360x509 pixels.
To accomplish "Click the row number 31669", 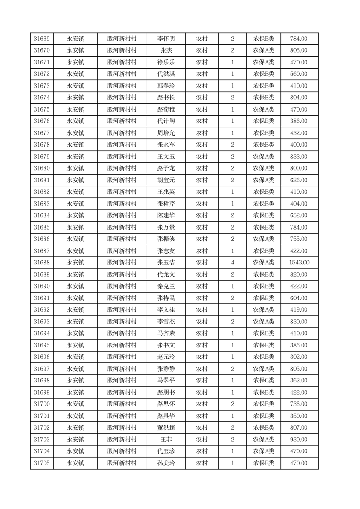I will [x=42, y=39].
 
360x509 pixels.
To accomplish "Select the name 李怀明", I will [x=165, y=39].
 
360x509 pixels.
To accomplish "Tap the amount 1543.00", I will [x=299, y=263].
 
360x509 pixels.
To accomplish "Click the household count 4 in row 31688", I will [x=232, y=263].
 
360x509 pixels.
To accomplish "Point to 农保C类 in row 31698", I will [x=263, y=381].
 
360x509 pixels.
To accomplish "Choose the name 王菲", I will [x=165, y=440].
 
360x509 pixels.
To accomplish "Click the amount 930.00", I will [x=299, y=440].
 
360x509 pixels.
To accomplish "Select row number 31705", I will [x=42, y=463].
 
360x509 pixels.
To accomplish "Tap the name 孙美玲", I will [x=165, y=463].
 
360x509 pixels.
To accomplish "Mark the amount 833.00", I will [x=299, y=157].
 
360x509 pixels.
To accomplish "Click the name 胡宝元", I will [x=165, y=180].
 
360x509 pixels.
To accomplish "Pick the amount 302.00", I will [x=299, y=357].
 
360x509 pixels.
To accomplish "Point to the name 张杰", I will [x=165, y=51].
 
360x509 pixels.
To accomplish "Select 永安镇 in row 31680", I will [x=75, y=168].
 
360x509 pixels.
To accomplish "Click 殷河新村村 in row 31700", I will [x=122, y=404].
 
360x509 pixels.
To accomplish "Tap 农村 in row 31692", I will [x=202, y=310].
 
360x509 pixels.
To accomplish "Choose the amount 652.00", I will [x=299, y=215].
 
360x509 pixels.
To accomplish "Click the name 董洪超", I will [x=165, y=428].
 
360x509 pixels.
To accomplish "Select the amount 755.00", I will [x=299, y=239].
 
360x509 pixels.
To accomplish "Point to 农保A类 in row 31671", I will [x=263, y=63].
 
